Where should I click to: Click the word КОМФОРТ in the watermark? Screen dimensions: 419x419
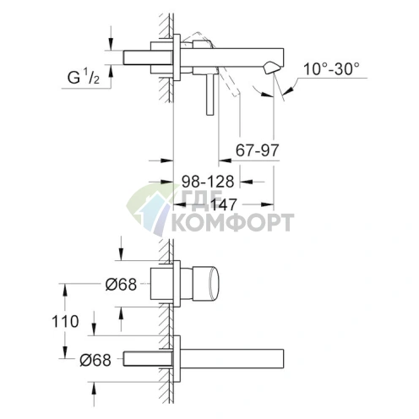tap(233, 223)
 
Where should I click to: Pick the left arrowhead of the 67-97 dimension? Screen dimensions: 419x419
tap(221, 158)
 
